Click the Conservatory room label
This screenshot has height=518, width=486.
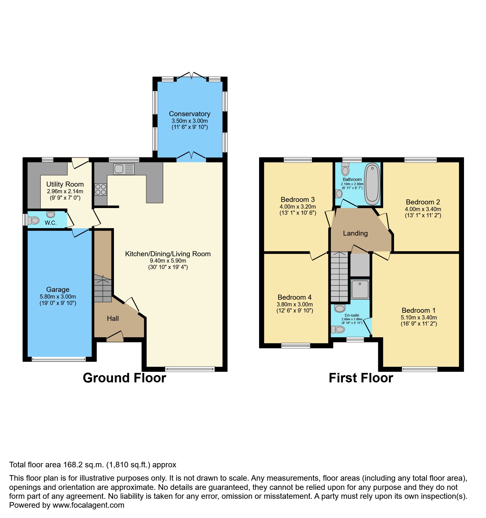tap(189, 114)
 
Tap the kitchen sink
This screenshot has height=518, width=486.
tap(124, 169)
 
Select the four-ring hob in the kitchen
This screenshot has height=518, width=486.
tap(101, 189)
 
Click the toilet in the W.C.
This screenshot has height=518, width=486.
tap(33, 220)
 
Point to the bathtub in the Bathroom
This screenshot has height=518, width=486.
tap(372, 184)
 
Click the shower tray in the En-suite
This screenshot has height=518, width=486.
tap(360, 289)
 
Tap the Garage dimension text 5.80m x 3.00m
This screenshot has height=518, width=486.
tap(58, 297)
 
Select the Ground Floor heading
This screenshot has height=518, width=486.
tap(124, 378)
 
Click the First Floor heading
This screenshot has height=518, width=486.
tap(361, 378)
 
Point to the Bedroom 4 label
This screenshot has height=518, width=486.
tap(294, 297)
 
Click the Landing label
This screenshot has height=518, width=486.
tap(355, 233)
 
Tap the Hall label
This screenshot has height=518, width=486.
tap(113, 318)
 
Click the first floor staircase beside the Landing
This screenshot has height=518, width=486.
tap(339, 277)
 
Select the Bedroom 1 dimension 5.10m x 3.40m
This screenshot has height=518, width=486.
tap(419, 317)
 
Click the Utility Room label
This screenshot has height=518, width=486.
tap(65, 184)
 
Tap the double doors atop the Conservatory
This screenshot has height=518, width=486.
tap(191, 75)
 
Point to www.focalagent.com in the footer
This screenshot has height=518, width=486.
tap(88, 505)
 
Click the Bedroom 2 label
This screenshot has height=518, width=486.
tap(423, 202)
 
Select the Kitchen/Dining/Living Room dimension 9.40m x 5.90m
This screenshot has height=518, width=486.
tap(168, 261)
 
